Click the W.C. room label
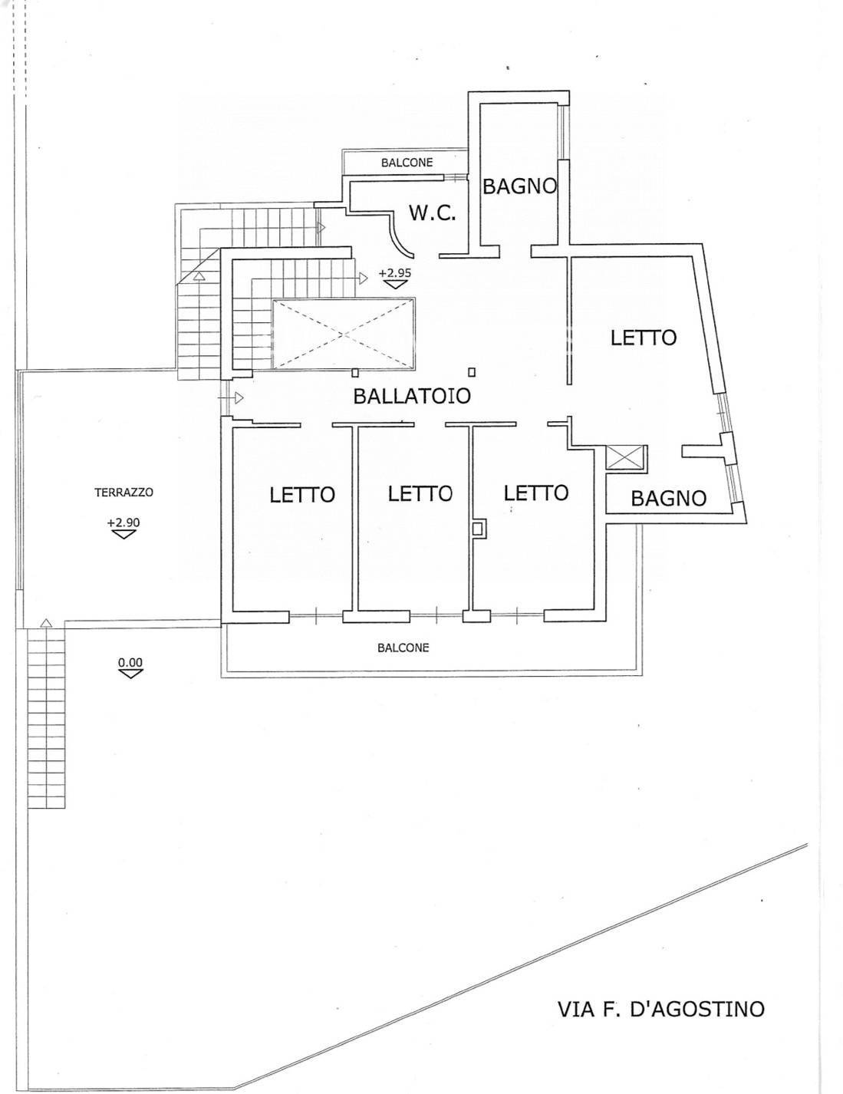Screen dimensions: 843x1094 (x=433, y=213)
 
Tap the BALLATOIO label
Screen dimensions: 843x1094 (x=412, y=396)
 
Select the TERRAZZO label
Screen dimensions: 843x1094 (x=123, y=493)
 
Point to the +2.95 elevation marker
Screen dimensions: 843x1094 (x=394, y=278)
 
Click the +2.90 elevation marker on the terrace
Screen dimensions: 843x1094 (x=123, y=528)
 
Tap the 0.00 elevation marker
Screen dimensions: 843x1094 (x=130, y=667)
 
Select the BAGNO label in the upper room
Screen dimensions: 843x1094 (x=519, y=186)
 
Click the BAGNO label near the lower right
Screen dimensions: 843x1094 (x=668, y=498)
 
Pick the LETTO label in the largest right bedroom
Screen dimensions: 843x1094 (x=644, y=338)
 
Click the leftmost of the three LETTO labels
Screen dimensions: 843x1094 (x=302, y=494)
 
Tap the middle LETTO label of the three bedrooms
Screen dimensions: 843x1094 (x=420, y=493)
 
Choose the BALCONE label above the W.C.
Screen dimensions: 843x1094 (x=407, y=163)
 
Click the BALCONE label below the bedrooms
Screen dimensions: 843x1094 (x=403, y=648)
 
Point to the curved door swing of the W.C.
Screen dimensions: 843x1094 (x=399, y=236)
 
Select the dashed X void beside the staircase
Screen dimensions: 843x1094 (x=343, y=333)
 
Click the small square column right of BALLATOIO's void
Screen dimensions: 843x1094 (x=472, y=372)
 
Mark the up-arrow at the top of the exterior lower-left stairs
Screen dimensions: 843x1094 (x=46, y=623)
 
